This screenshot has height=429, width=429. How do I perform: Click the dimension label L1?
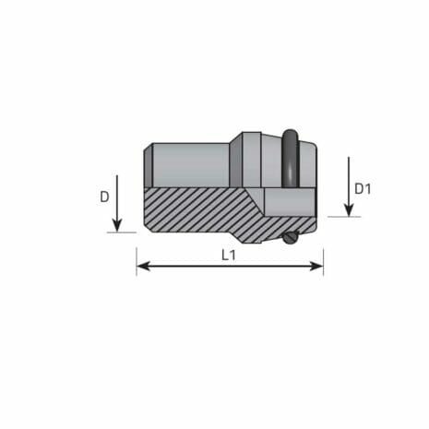(229, 256)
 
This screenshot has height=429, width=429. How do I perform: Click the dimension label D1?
(363, 189)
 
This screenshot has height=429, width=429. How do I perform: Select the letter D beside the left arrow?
(104, 197)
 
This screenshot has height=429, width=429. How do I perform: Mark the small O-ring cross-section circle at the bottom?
(292, 239)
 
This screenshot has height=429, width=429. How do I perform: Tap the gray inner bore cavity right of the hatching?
(288, 201)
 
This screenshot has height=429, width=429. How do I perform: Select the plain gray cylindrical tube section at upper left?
(189, 164)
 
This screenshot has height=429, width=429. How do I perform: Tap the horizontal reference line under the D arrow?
(122, 232)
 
